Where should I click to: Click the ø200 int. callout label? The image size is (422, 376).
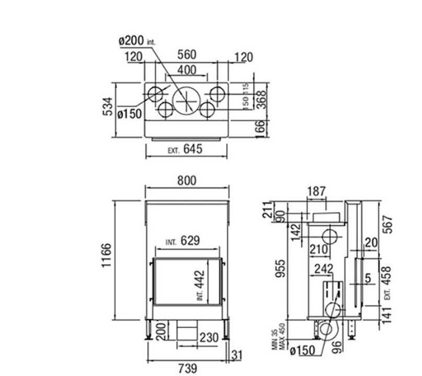click(x=137, y=41)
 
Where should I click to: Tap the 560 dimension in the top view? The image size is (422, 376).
click(x=186, y=55)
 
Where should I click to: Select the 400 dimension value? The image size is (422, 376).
click(x=186, y=70)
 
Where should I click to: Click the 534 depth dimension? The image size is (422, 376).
click(x=108, y=107)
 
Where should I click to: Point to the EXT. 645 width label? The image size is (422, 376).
click(x=185, y=149)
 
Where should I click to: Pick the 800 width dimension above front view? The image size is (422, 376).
click(x=187, y=181)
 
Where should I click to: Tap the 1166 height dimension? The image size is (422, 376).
click(x=107, y=255)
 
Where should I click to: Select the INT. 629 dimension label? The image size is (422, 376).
click(x=183, y=240)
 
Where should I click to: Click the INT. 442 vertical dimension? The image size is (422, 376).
click(x=201, y=286)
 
